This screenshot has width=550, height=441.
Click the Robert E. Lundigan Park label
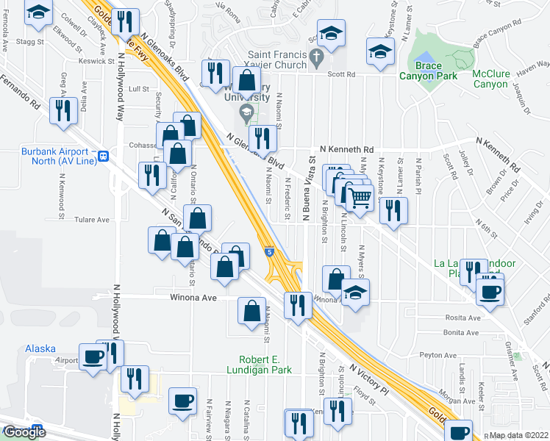tap(265, 365)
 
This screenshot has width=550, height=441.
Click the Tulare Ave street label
tap(92, 220)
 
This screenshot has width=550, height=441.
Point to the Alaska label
tap(40, 348)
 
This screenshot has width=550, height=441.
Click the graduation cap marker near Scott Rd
tap(380, 53)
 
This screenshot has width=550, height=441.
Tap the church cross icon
tap(317, 56)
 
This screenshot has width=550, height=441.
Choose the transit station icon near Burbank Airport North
tap(104, 156)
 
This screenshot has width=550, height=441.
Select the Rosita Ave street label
tap(463, 318)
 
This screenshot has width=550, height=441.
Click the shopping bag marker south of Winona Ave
tap(251, 311)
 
